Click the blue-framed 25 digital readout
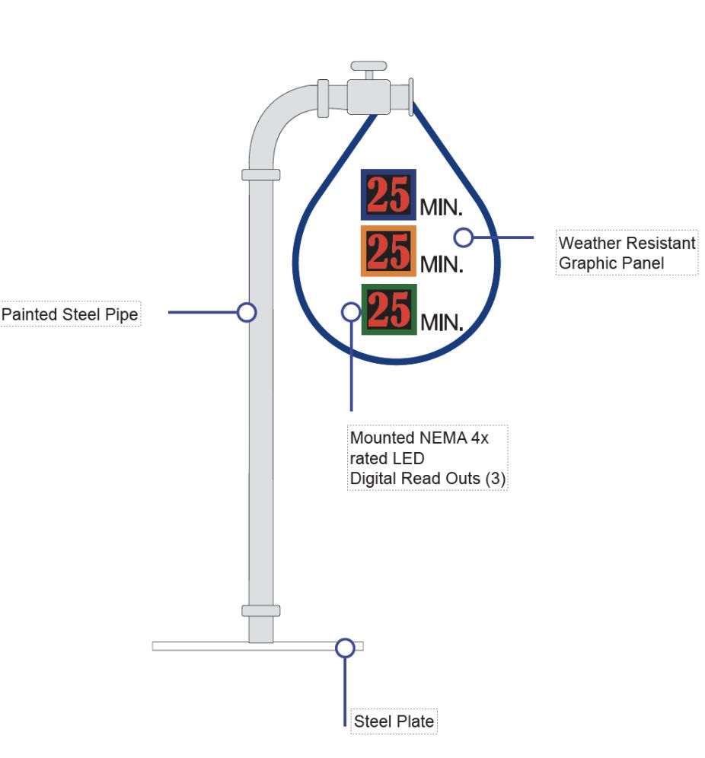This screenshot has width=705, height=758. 388,195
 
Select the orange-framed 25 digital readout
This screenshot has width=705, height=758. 388,251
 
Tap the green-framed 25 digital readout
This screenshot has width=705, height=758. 389,310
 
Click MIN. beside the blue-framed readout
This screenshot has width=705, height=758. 441,208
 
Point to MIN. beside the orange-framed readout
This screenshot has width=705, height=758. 442,264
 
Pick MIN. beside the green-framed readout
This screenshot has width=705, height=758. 442,323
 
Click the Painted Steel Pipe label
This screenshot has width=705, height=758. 70,314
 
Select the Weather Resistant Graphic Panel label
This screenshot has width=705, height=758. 627,253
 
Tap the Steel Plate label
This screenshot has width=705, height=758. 394,721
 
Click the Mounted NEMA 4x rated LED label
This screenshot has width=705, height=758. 427,458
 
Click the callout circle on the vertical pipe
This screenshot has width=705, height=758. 247,312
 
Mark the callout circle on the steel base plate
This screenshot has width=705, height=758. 345,648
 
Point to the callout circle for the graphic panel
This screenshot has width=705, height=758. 463,237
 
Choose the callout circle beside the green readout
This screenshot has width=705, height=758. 351,312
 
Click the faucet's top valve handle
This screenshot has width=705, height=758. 368,65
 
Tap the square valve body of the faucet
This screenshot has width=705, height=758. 368,97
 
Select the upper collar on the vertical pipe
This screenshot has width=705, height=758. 260,175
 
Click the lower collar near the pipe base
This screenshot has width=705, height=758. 260,610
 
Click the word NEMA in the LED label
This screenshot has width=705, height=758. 442,438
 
